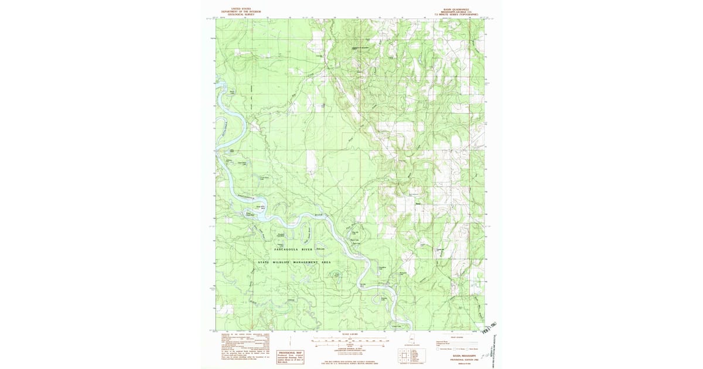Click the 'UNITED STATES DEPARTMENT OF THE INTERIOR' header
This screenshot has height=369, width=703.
tap(241, 11)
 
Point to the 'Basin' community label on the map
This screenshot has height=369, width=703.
tap(418, 204)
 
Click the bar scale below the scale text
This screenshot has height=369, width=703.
tap(351, 341)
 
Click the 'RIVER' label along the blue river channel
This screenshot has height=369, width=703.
tap(319, 216)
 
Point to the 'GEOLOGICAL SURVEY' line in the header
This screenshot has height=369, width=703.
tap(241, 14)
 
